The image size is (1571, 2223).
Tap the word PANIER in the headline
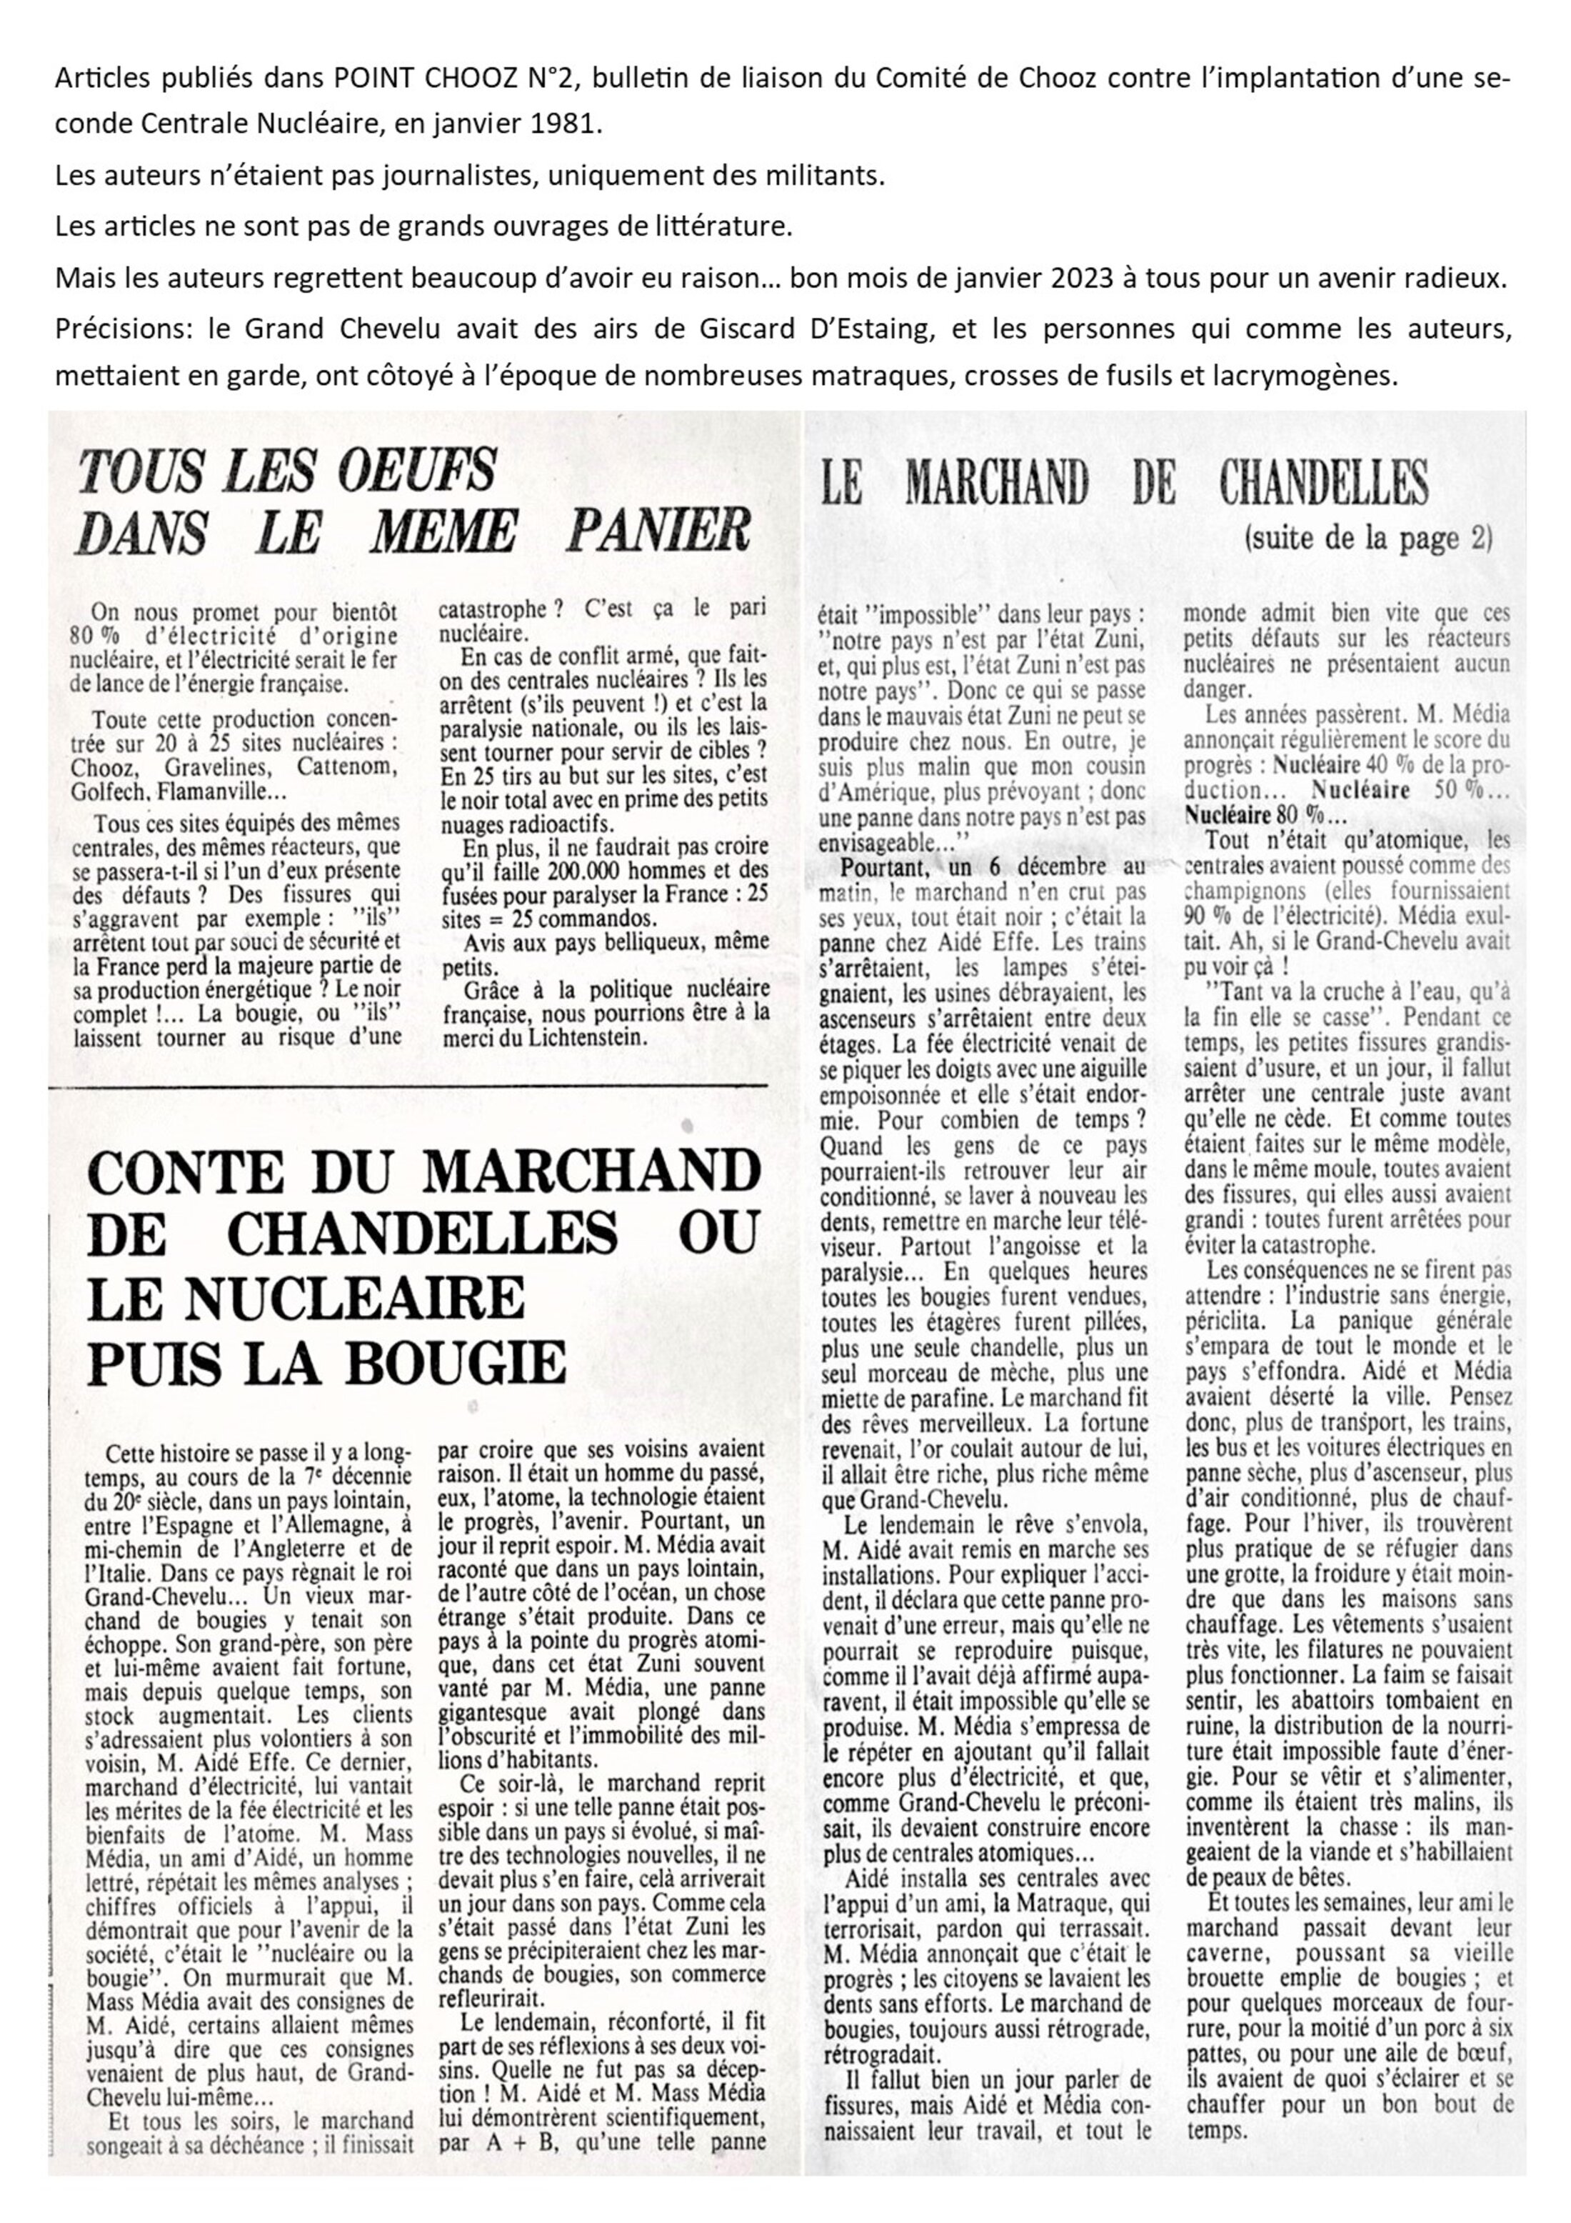point(658,531)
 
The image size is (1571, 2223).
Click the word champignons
point(1250,891)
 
